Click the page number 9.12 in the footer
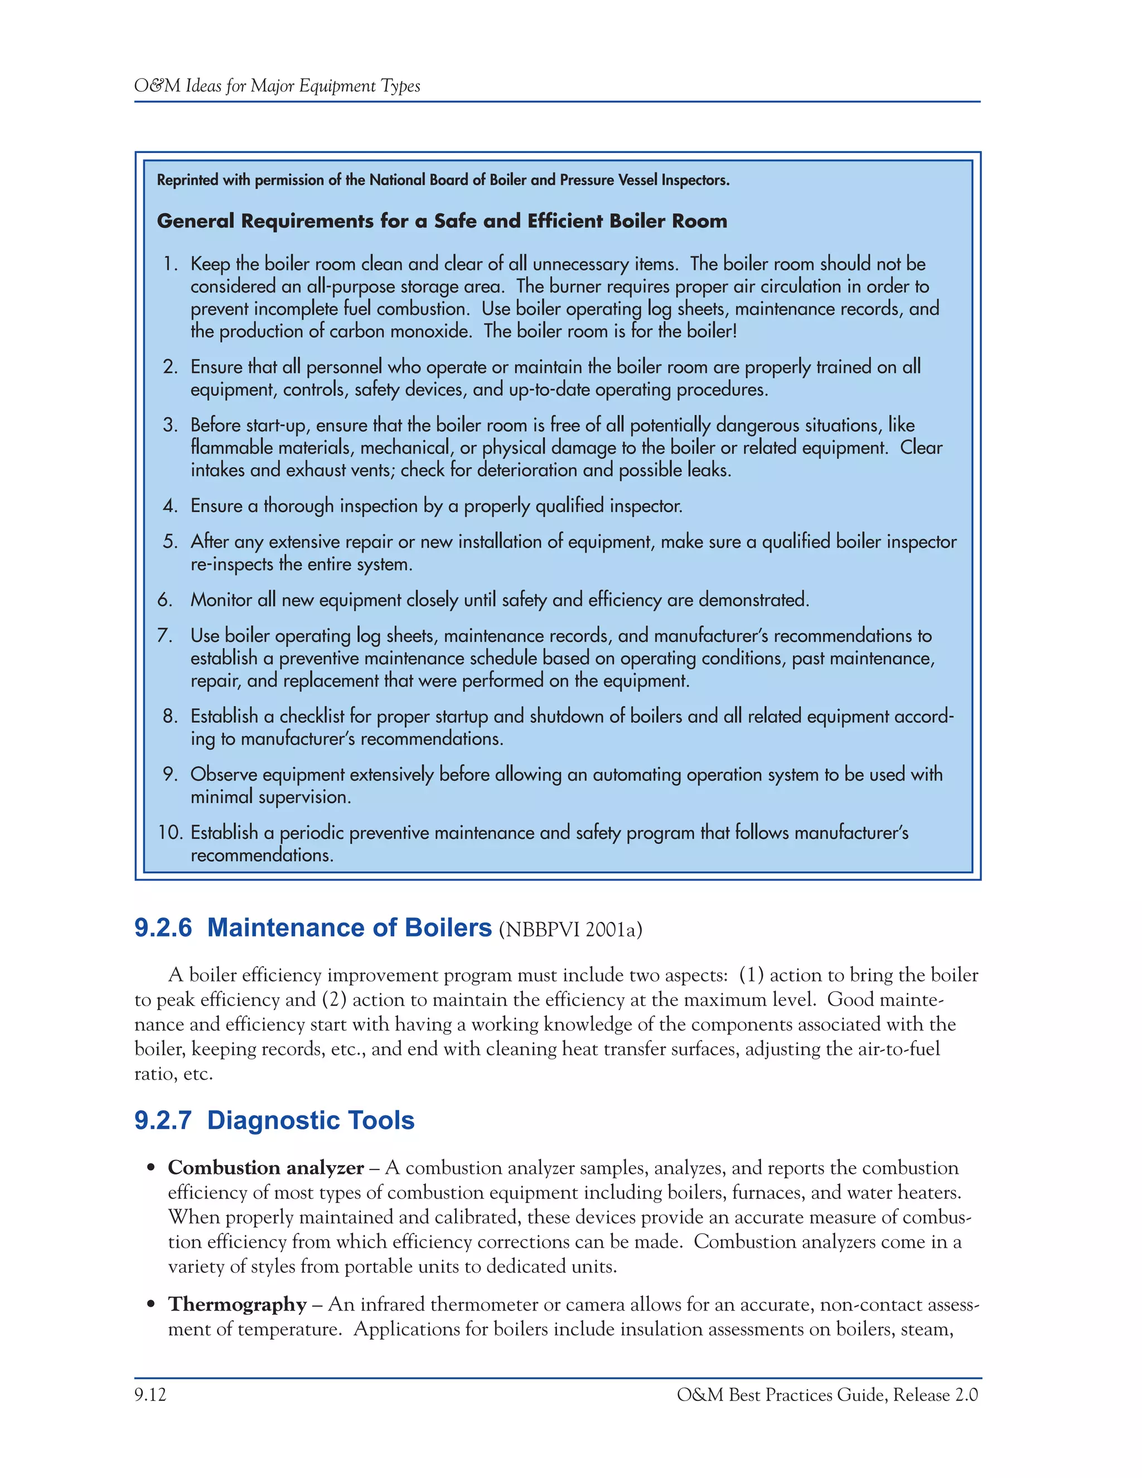[x=150, y=1395]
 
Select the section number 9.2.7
[x=163, y=1120]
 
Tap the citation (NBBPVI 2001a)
[x=570, y=930]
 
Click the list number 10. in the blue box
[x=171, y=832]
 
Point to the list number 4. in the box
[x=171, y=505]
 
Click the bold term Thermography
[x=238, y=1304]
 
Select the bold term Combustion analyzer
[x=266, y=1168]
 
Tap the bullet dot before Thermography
[x=152, y=1305]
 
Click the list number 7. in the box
[x=166, y=635]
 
